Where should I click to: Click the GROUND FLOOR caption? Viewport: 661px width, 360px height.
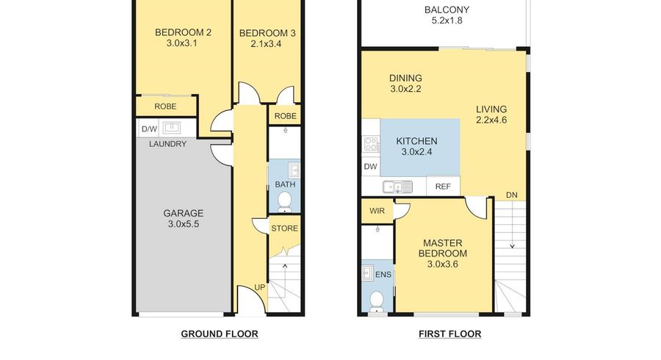219,334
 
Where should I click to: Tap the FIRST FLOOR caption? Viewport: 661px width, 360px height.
449,334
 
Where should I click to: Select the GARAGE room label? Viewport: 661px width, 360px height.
184,213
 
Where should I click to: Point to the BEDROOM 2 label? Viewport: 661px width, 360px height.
183,32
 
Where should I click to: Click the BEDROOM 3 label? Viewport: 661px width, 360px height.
267,33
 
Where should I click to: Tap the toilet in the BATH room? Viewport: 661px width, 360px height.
285,202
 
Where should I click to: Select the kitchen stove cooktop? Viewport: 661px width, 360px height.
372,144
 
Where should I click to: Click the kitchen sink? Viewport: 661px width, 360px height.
397,187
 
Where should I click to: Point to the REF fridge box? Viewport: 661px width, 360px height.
443,187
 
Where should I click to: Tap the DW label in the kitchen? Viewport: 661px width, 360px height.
371,167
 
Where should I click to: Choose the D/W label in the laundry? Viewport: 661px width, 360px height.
149,129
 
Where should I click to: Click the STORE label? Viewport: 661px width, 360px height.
284,228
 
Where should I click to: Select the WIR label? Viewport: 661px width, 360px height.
377,211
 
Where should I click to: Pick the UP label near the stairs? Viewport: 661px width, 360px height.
260,287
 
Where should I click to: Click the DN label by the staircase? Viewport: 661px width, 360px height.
512,195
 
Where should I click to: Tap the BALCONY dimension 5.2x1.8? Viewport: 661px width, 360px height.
447,21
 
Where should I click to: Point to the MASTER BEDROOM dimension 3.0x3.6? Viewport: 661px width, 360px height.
443,264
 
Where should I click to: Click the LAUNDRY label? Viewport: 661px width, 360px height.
167,144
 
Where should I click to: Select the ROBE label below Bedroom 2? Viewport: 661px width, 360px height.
165,107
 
